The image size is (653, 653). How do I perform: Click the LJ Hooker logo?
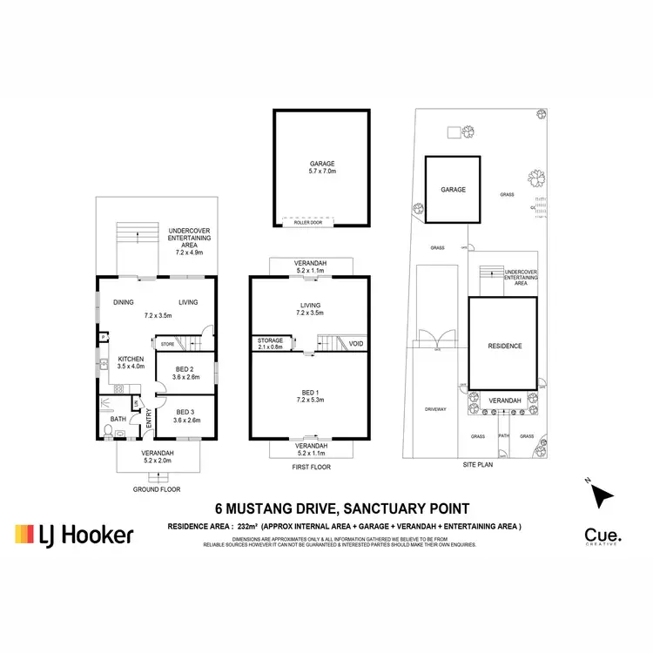pyautogui.click(x=74, y=535)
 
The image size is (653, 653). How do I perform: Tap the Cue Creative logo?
pyautogui.click(x=602, y=535)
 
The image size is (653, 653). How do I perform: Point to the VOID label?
pyautogui.click(x=355, y=344)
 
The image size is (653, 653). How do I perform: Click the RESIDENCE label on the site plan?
pyautogui.click(x=504, y=346)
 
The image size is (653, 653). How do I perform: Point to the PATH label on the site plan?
pyautogui.click(x=503, y=436)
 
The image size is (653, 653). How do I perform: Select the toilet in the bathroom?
pyautogui.click(x=106, y=430)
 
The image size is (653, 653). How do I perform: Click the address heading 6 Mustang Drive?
pyautogui.click(x=343, y=509)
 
